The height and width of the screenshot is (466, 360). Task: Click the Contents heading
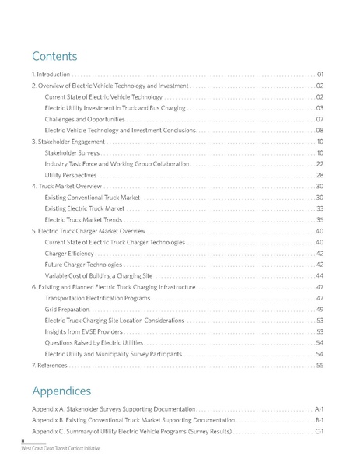(54, 57)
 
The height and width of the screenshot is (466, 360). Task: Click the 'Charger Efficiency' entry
(70, 254)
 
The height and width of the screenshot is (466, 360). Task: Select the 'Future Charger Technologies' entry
(84, 265)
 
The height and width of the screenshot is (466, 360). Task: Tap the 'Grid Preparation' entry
(68, 310)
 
